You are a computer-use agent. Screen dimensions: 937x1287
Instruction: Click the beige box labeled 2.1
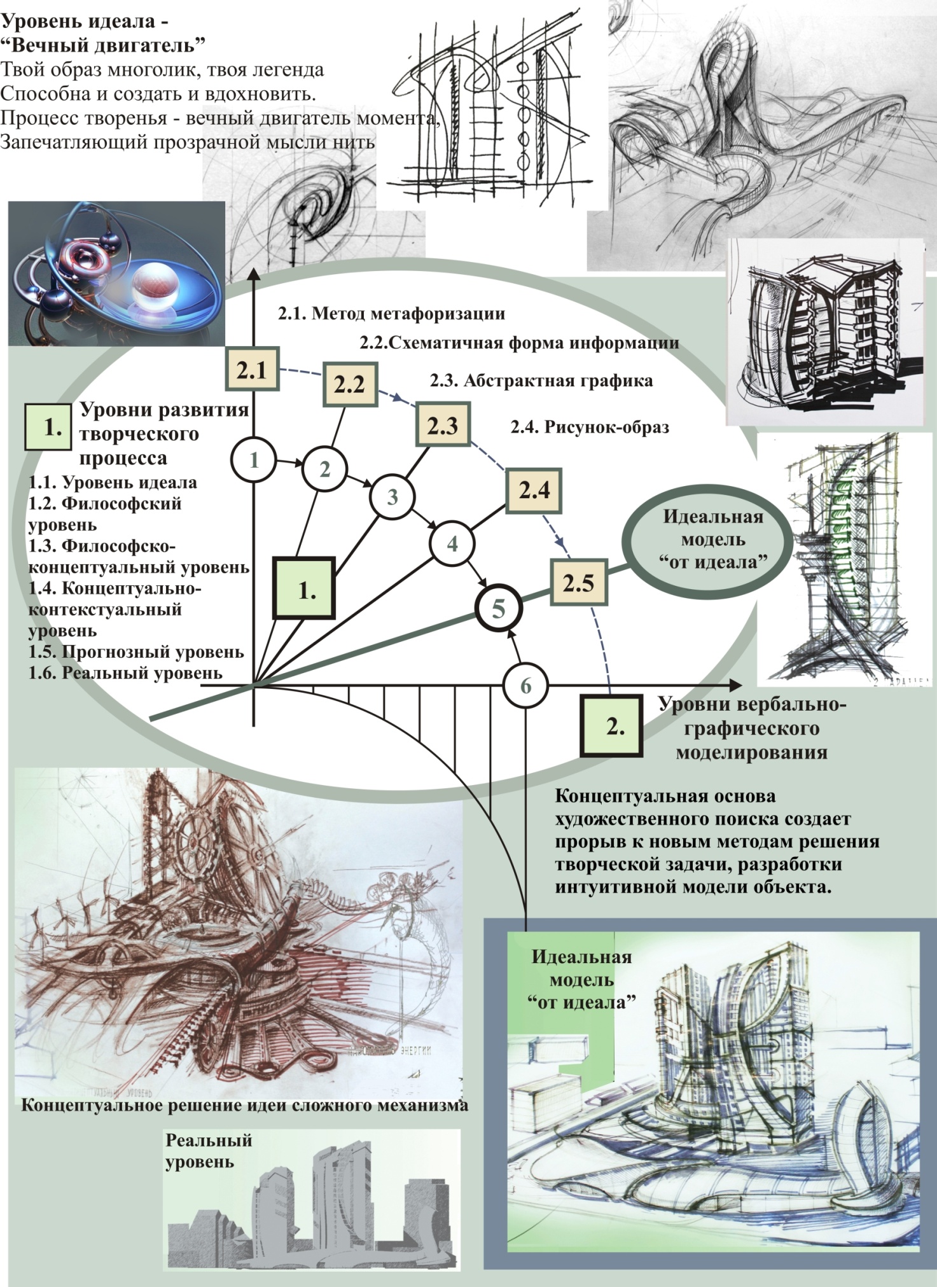click(x=252, y=369)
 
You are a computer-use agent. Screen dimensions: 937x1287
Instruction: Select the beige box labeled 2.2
click(x=349, y=384)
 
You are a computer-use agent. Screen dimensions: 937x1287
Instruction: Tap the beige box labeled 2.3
click(x=443, y=425)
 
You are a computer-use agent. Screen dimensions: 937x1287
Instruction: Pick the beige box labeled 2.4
click(x=534, y=490)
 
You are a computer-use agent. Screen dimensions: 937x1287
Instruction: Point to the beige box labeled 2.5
click(x=578, y=583)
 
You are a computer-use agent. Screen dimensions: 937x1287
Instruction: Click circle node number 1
click(x=254, y=459)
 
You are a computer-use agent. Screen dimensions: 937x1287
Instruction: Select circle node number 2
click(x=324, y=470)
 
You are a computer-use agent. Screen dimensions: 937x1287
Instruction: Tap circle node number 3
click(x=392, y=497)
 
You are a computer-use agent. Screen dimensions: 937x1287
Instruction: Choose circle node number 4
click(x=452, y=543)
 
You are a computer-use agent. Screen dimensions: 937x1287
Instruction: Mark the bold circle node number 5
click(x=499, y=609)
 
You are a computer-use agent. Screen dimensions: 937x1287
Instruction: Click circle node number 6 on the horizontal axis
click(x=525, y=686)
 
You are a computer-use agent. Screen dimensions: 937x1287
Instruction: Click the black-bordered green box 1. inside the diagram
click(x=304, y=588)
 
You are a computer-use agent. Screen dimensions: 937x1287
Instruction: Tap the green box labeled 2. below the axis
click(x=611, y=726)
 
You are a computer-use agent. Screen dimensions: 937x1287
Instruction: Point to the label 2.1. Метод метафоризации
click(x=391, y=314)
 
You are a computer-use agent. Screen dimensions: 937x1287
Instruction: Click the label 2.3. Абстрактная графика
click(x=541, y=380)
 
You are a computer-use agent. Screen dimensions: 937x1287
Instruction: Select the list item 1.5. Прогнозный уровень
click(x=136, y=651)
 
